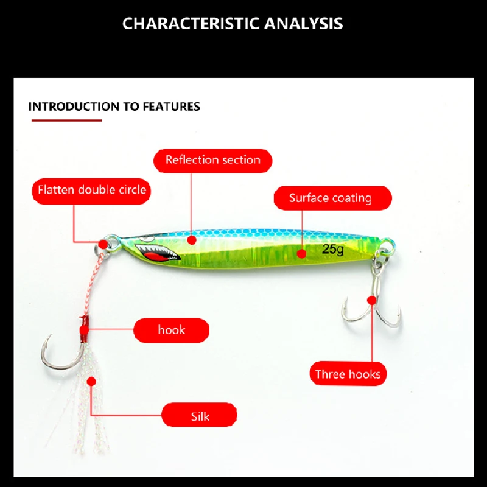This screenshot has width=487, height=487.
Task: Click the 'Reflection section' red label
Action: [212, 160]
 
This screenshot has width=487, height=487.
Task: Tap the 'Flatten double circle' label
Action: [92, 190]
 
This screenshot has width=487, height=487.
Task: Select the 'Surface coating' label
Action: [330, 198]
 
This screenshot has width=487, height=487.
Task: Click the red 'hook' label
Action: [171, 330]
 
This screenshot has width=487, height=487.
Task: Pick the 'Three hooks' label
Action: [348, 374]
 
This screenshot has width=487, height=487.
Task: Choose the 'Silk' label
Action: [199, 416]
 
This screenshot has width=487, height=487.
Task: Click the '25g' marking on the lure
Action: [333, 248]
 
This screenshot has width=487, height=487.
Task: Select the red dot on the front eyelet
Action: [103, 244]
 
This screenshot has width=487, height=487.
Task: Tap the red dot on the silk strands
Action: [91, 382]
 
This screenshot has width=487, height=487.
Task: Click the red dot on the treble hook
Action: [371, 300]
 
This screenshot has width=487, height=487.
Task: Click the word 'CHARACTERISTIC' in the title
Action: [191, 24]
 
